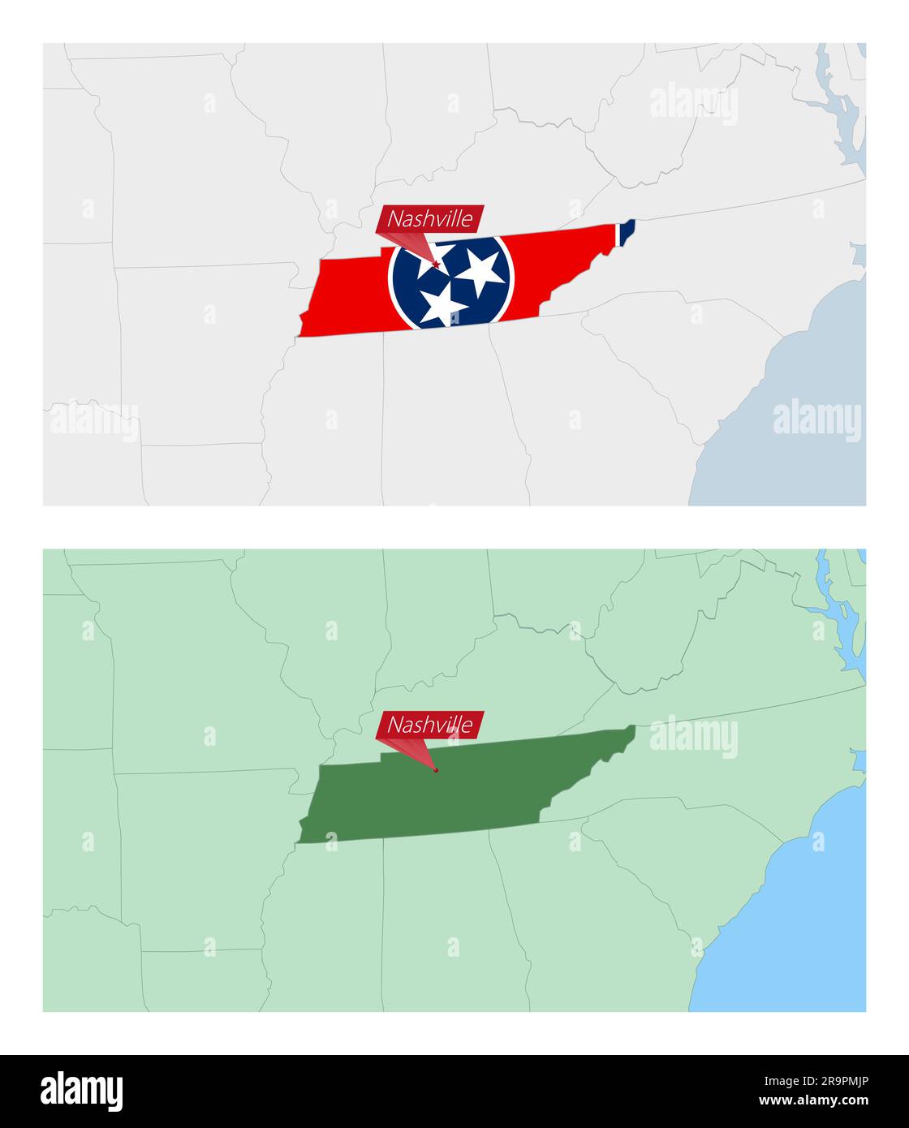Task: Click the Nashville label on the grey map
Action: tap(429, 218)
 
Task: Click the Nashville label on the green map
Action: tap(429, 725)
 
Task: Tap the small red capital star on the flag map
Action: tap(437, 264)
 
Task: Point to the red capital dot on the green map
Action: tap(436, 769)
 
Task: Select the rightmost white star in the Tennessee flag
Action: tap(480, 271)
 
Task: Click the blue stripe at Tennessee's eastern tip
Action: tap(626, 230)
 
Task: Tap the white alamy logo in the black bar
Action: tap(81, 1091)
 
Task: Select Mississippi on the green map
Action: tap(325, 933)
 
